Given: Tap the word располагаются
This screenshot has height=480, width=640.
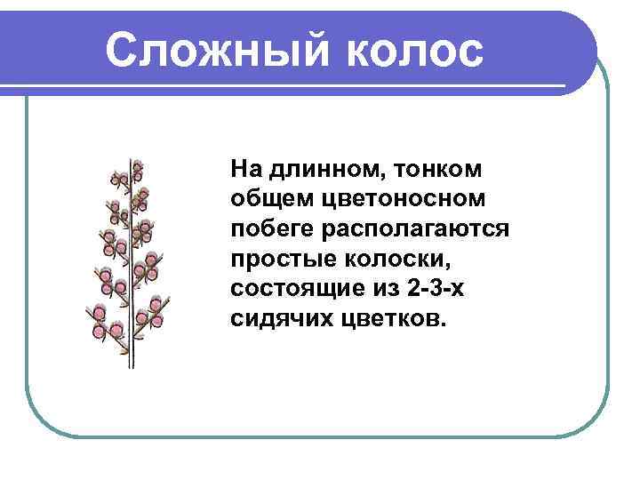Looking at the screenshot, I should (418, 228).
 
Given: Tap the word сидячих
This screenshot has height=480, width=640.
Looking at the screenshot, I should (278, 318).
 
